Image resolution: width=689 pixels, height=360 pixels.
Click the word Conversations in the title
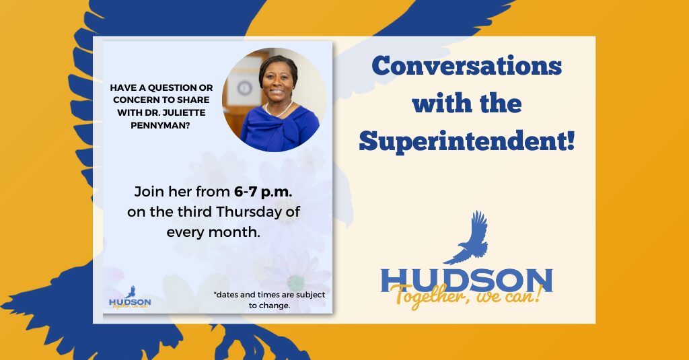tap(466, 66)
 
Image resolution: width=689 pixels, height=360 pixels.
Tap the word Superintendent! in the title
tap(466, 141)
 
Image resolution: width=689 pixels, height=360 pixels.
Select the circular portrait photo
tap(275, 100)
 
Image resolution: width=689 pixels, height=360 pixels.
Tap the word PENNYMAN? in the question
tap(166, 124)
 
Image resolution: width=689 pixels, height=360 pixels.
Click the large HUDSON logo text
tap(466, 280)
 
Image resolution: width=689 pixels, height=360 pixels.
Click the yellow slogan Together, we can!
tap(465, 296)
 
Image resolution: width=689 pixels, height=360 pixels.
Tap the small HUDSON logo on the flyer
tap(130, 301)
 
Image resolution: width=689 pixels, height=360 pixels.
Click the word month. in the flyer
tap(238, 232)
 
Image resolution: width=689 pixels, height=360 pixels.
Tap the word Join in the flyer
tap(148, 191)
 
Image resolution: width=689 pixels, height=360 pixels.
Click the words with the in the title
tap(466, 104)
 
